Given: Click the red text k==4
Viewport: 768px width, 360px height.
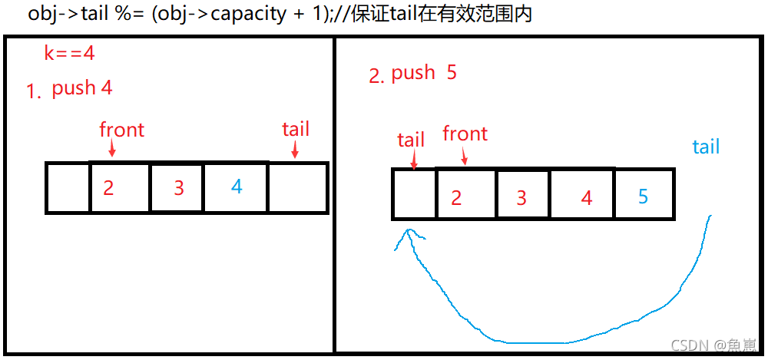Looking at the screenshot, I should pyautogui.click(x=70, y=54).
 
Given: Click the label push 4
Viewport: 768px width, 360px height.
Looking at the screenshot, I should pyautogui.click(x=82, y=88).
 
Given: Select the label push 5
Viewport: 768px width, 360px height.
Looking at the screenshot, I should pyautogui.click(x=424, y=73).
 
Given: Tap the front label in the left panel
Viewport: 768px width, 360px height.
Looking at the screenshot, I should pyautogui.click(x=121, y=130).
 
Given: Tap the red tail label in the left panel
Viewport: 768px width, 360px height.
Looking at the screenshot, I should pyautogui.click(x=296, y=129).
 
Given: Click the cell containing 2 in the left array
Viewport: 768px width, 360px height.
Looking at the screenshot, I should pyautogui.click(x=120, y=187).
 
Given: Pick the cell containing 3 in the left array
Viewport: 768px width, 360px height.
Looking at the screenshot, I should pyautogui.click(x=177, y=187).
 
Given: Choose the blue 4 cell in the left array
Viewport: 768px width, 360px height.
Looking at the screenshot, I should pyautogui.click(x=236, y=187).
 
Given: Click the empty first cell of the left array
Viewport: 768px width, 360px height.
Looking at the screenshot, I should pyautogui.click(x=68, y=187).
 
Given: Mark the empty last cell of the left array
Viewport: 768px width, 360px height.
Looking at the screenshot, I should pyautogui.click(x=298, y=187).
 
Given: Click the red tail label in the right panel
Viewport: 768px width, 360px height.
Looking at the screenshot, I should pyautogui.click(x=411, y=140).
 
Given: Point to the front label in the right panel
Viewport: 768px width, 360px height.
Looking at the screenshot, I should pyautogui.click(x=465, y=134).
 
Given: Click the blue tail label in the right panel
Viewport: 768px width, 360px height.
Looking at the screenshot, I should pyautogui.click(x=706, y=147).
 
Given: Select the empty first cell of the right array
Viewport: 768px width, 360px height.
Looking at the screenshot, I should pyautogui.click(x=414, y=194).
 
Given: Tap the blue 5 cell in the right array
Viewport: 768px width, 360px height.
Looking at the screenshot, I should pyautogui.click(x=644, y=195).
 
